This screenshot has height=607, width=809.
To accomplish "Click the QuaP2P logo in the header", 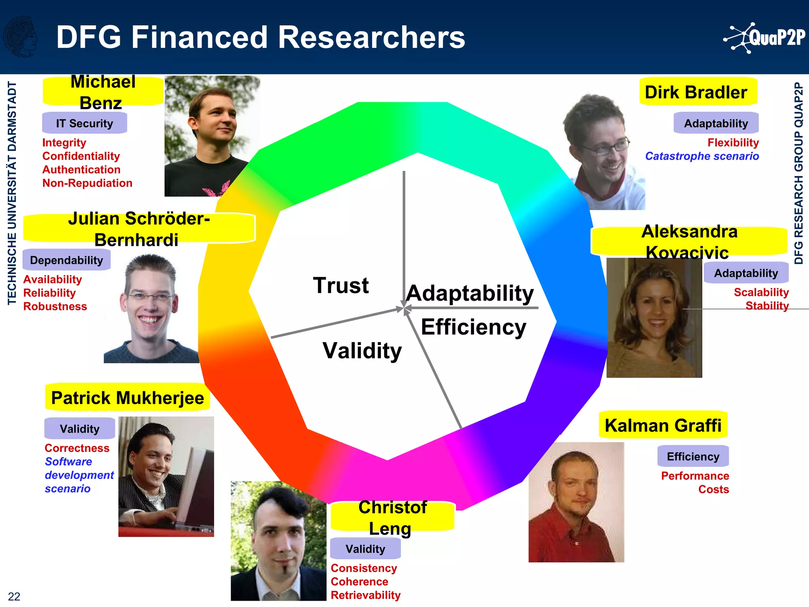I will point(764,38).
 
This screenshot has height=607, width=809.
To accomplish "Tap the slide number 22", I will point(14,596).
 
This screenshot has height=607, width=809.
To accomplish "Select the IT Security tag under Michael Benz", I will point(85,123).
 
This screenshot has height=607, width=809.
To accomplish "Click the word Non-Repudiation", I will point(87,183).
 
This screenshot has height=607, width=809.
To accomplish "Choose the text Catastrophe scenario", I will point(702,156).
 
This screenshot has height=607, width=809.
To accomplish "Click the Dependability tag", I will point(66,260).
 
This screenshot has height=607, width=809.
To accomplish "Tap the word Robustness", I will point(55,306).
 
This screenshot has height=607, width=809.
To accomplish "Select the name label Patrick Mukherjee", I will point(128,398).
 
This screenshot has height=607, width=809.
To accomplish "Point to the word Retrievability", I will point(365,595).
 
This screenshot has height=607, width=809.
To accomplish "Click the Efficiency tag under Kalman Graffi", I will point(693,456).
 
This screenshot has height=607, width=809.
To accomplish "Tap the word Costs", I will point(713,489).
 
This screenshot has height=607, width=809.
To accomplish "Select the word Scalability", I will point(761,292).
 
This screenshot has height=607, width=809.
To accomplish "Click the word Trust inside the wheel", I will point(341,285).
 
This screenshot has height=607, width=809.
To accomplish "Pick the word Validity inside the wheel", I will point(362,351).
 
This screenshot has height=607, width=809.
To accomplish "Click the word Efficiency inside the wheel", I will point(473,327).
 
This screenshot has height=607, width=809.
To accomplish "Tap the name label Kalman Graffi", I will point(663,425).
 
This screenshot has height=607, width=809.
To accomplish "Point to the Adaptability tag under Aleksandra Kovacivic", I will point(746,273).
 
